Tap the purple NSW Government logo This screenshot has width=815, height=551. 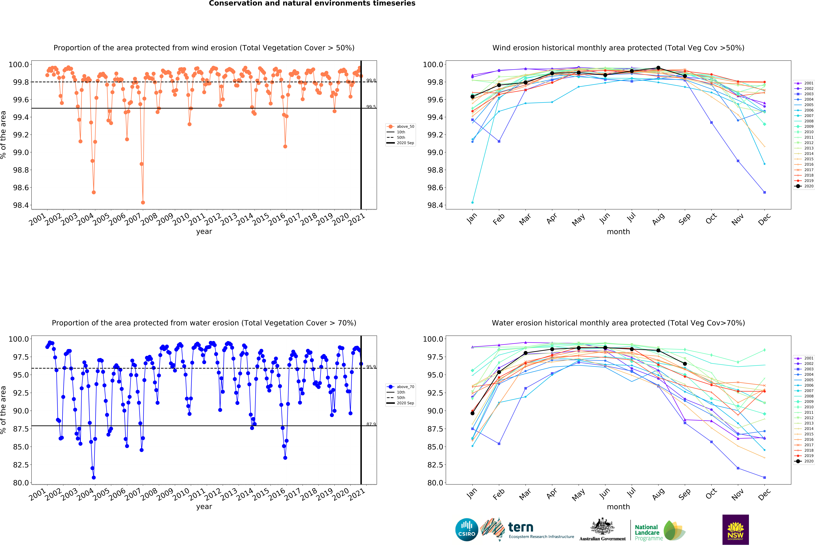pyautogui.click(x=735, y=530)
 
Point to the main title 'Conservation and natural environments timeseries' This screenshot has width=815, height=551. pyautogui.click(x=312, y=4)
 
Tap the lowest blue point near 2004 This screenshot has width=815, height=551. pyautogui.click(x=94, y=477)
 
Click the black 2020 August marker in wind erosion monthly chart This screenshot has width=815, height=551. pyautogui.click(x=658, y=68)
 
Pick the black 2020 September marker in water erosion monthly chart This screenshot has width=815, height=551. pyautogui.click(x=685, y=364)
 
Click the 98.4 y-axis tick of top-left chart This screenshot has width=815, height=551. pyautogui.click(x=21, y=205)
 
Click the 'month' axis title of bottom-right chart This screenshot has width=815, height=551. pyautogui.click(x=618, y=507)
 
